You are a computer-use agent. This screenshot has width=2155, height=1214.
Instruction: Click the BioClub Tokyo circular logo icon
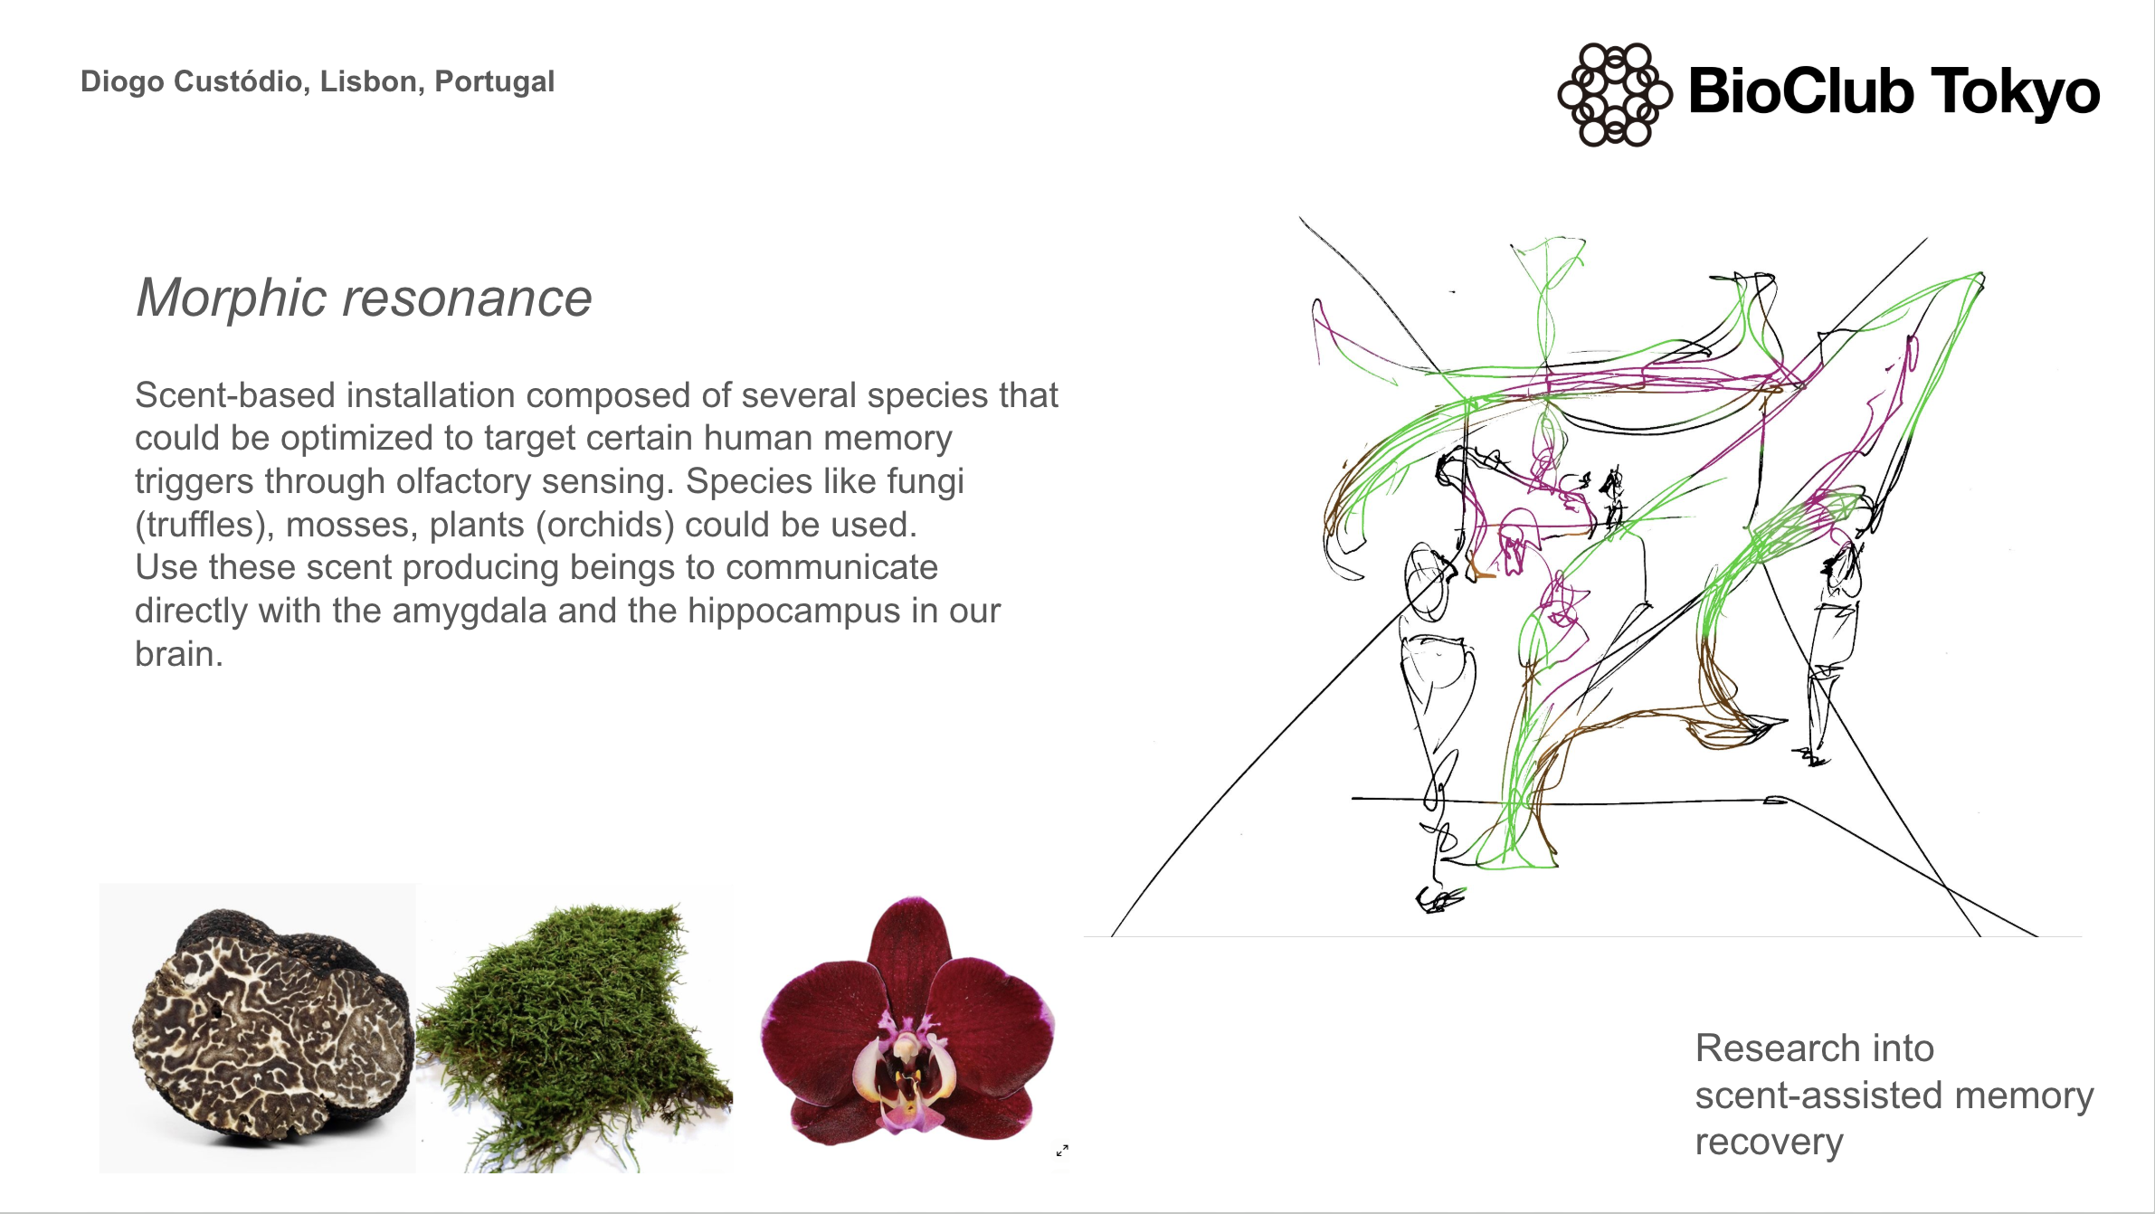(1615, 94)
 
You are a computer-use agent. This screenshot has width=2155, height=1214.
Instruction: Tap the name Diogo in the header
(123, 82)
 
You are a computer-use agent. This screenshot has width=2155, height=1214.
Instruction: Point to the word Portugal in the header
(494, 82)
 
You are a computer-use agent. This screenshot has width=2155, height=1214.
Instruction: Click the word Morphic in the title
(231, 298)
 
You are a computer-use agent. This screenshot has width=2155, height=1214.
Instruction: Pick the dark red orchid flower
(907, 1020)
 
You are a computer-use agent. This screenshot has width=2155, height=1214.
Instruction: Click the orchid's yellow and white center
(905, 1072)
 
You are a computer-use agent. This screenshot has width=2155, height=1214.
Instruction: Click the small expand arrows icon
(1062, 1151)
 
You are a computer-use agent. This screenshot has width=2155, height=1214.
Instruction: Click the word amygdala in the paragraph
(469, 612)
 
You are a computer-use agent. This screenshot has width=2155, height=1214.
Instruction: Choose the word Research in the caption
(1771, 1048)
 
